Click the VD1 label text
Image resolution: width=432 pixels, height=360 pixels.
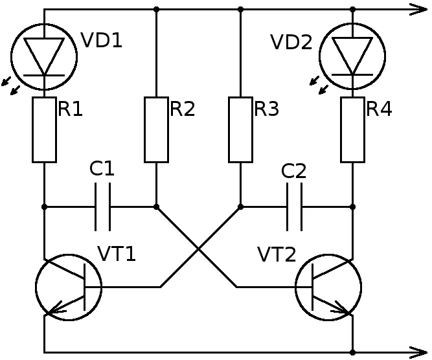pos(102,41)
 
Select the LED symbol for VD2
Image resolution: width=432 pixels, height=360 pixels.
pos(352,56)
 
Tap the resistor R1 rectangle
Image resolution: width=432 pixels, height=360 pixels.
pos(44,129)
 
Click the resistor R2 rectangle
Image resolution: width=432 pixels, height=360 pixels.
pos(156,129)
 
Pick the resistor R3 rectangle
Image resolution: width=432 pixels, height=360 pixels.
pos(240,129)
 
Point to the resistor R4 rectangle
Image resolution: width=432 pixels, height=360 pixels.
pos(352,129)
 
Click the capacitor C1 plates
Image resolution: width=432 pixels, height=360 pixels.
pos(102,207)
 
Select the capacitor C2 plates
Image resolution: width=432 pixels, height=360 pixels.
pos(295,207)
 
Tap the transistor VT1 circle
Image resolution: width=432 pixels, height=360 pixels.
pos(68,286)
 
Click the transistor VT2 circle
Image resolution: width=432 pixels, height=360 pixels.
pos(328,286)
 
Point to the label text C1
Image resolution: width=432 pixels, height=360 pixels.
pos(102,169)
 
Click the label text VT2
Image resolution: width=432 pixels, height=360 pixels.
pos(277,254)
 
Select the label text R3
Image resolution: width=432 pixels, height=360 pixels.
pos(266,109)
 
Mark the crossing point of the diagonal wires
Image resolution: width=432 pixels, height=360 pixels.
pos(198,247)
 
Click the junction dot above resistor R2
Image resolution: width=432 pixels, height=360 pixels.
pos(156,10)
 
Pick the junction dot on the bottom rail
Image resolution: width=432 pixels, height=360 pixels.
pos(352,352)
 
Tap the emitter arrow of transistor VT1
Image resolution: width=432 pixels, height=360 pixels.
pos(57,309)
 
